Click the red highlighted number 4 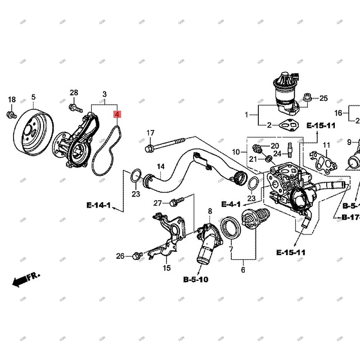[117, 115]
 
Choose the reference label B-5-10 [196, 279]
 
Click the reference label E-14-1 [99, 206]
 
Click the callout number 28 [74, 93]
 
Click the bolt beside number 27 [175, 201]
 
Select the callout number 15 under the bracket [166, 268]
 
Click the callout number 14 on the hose [161, 167]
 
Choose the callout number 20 [274, 146]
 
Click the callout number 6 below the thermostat [243, 270]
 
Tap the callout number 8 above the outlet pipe [210, 211]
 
